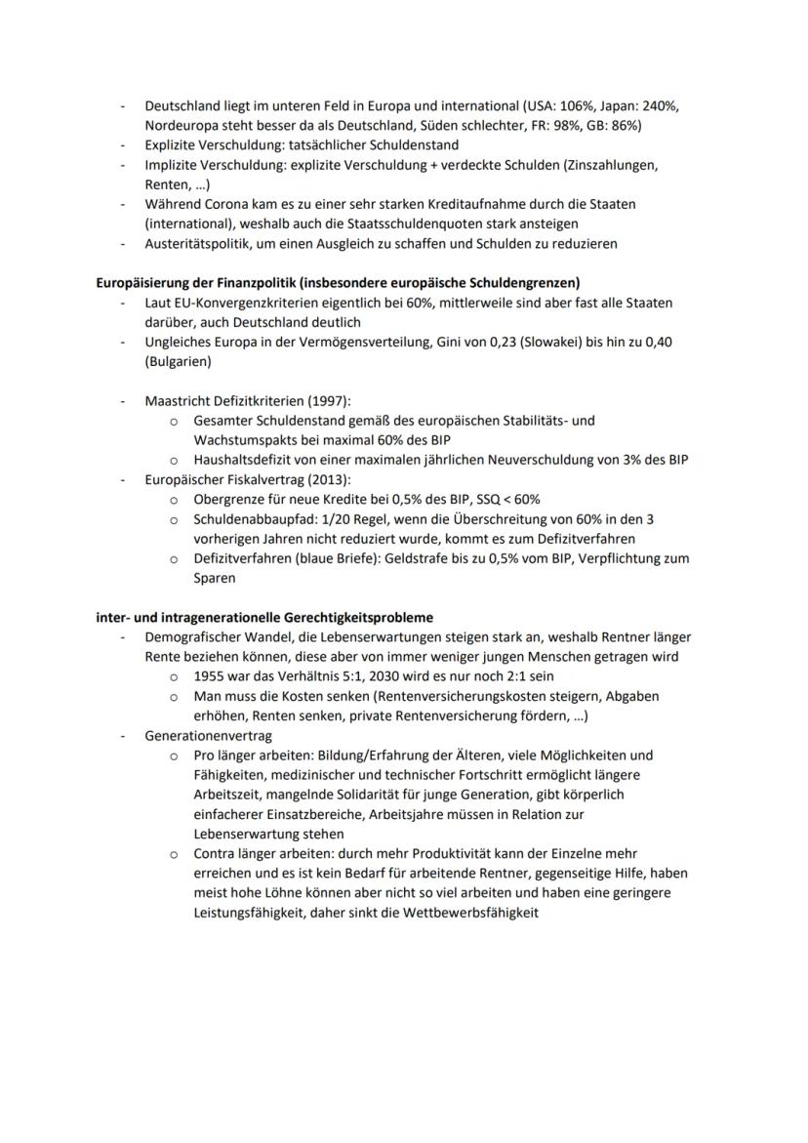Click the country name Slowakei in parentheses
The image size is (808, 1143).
tap(531, 342)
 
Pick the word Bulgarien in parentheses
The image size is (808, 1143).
tap(178, 361)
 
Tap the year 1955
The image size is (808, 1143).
tap(209, 676)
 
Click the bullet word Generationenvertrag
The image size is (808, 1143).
tap(208, 736)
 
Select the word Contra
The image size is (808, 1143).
tap(214, 854)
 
